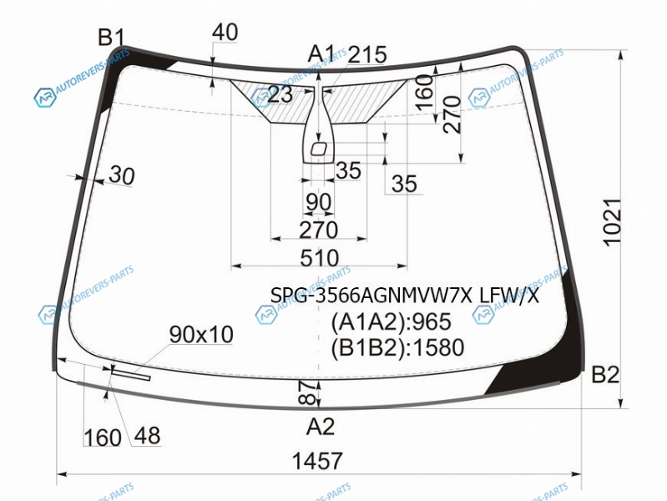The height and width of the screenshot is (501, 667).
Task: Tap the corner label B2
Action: pos(605,375)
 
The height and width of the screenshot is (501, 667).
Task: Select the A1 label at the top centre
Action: pos(321,54)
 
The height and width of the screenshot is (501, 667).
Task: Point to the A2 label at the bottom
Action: pos(321,426)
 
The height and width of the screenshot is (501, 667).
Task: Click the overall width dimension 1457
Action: pos(317,461)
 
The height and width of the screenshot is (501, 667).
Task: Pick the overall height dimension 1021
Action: pos(612,222)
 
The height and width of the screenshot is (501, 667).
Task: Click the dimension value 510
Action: pos(319,258)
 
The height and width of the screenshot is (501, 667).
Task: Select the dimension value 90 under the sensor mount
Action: pos(319,202)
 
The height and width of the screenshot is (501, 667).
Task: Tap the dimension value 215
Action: pos(367,54)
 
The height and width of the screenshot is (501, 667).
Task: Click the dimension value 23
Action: pos(280,94)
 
